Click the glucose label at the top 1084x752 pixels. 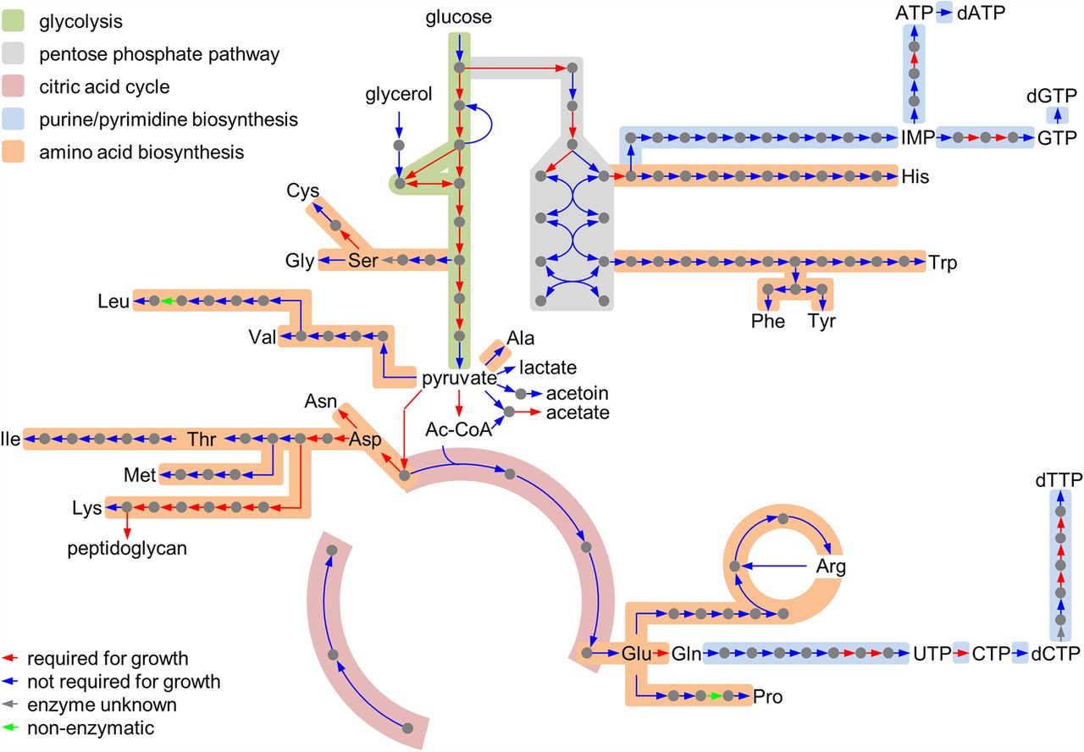458,17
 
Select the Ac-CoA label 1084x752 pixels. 458,430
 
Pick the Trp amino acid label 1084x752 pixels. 943,263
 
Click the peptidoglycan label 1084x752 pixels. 127,549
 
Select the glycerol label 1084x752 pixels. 398,94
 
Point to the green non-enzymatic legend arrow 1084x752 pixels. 12,727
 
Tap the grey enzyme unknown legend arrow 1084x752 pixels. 12,705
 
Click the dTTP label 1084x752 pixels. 1058,479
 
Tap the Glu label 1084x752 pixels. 635,654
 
